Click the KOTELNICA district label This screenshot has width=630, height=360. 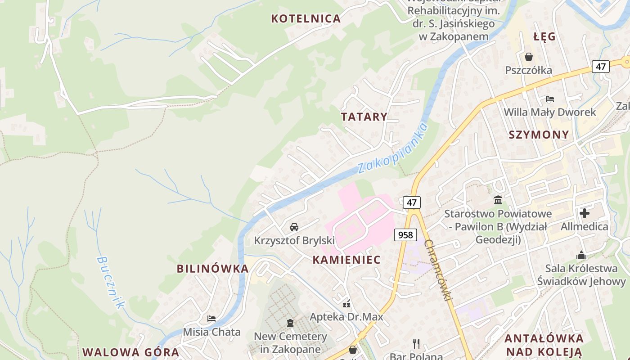306,18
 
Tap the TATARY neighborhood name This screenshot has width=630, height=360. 364,117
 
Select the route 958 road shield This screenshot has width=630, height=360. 405,234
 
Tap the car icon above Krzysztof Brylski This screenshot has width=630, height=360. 294,227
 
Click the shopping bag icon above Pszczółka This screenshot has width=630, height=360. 528,57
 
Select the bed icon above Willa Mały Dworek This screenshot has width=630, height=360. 549,99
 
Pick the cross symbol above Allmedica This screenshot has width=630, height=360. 585,213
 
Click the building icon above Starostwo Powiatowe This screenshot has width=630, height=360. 498,200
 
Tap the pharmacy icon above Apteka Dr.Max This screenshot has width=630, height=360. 346,304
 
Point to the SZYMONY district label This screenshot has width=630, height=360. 539,135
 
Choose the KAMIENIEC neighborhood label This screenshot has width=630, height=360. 346,260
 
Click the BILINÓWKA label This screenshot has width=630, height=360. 212,269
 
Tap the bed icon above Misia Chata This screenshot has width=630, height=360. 211,319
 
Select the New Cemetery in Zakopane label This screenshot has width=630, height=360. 290,342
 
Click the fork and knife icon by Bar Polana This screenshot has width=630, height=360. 416,344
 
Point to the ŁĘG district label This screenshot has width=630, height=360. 544,37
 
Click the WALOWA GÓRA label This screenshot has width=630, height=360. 130,352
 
